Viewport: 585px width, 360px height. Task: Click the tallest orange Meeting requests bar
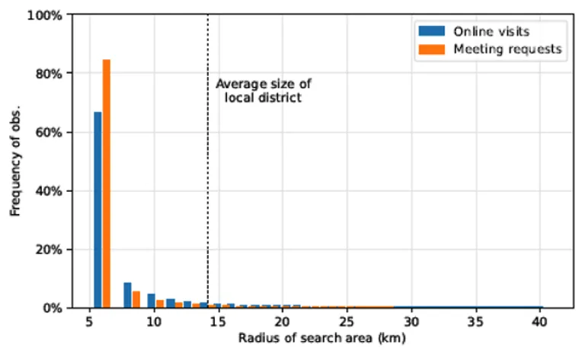(107, 183)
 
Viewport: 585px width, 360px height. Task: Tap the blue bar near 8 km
(127, 295)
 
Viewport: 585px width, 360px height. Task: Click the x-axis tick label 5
(90, 322)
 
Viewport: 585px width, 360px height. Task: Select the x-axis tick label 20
(283, 322)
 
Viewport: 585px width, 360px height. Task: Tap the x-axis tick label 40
(539, 322)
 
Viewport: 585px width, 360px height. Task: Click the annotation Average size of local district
(263, 91)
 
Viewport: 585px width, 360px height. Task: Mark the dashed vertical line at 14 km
(208, 190)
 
